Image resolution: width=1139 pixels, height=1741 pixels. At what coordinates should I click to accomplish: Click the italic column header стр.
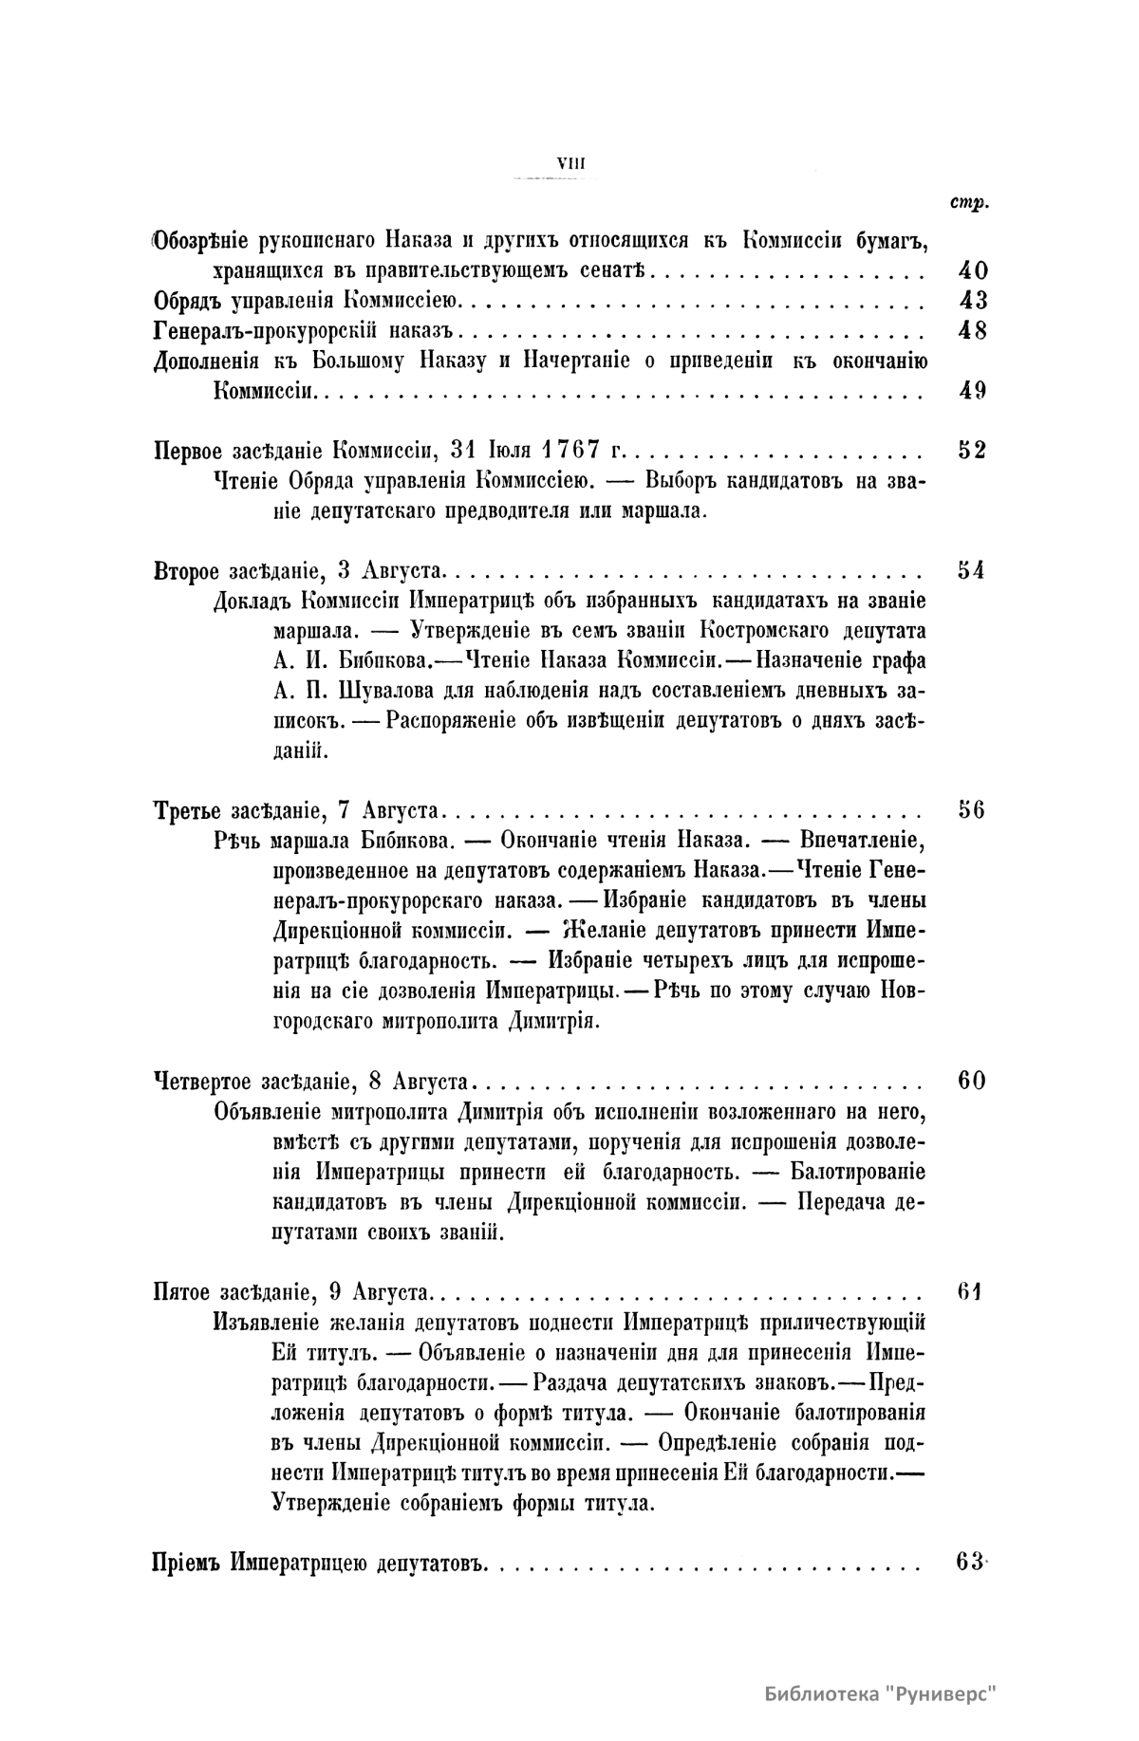(x=967, y=204)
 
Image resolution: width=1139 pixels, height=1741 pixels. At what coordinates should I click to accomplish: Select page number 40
(x=972, y=270)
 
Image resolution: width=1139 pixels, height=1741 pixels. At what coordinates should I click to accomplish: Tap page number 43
(x=972, y=301)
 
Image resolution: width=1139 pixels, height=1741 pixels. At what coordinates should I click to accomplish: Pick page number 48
(x=972, y=331)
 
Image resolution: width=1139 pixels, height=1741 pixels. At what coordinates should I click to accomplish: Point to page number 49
(x=972, y=391)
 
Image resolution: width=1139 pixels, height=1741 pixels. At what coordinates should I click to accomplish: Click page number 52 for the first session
(x=972, y=451)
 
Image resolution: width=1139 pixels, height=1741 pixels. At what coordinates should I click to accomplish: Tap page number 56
(x=972, y=810)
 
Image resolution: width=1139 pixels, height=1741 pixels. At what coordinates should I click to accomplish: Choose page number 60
(x=972, y=1081)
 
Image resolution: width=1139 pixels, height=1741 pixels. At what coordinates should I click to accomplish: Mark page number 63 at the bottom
(x=970, y=1562)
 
